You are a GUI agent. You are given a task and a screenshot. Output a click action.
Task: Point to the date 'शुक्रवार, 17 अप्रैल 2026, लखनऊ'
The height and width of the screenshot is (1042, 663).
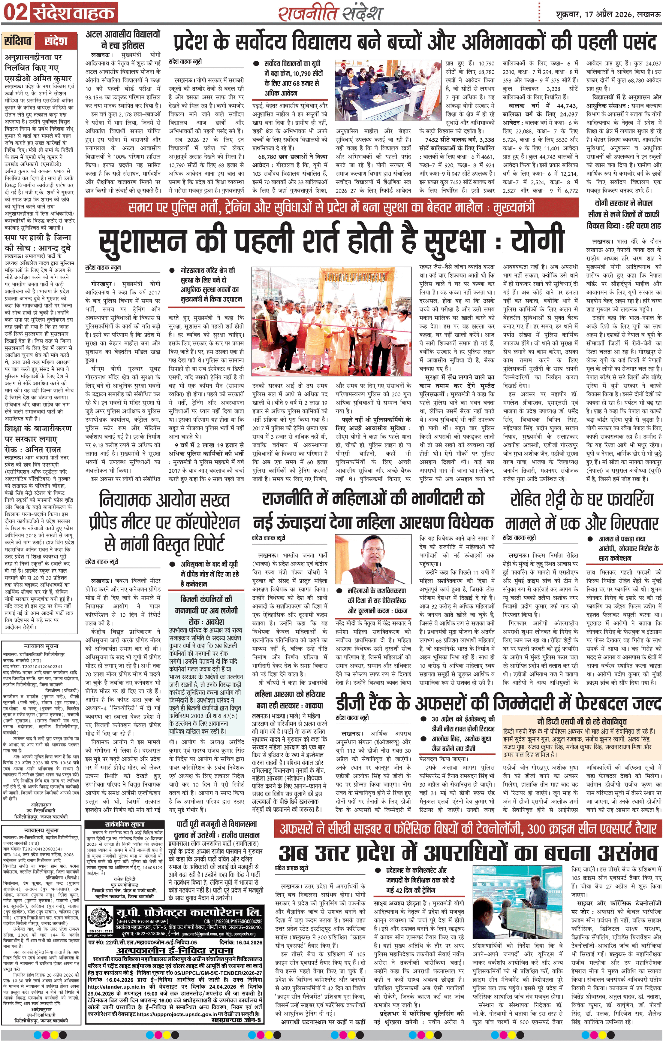(x=608, y=14)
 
